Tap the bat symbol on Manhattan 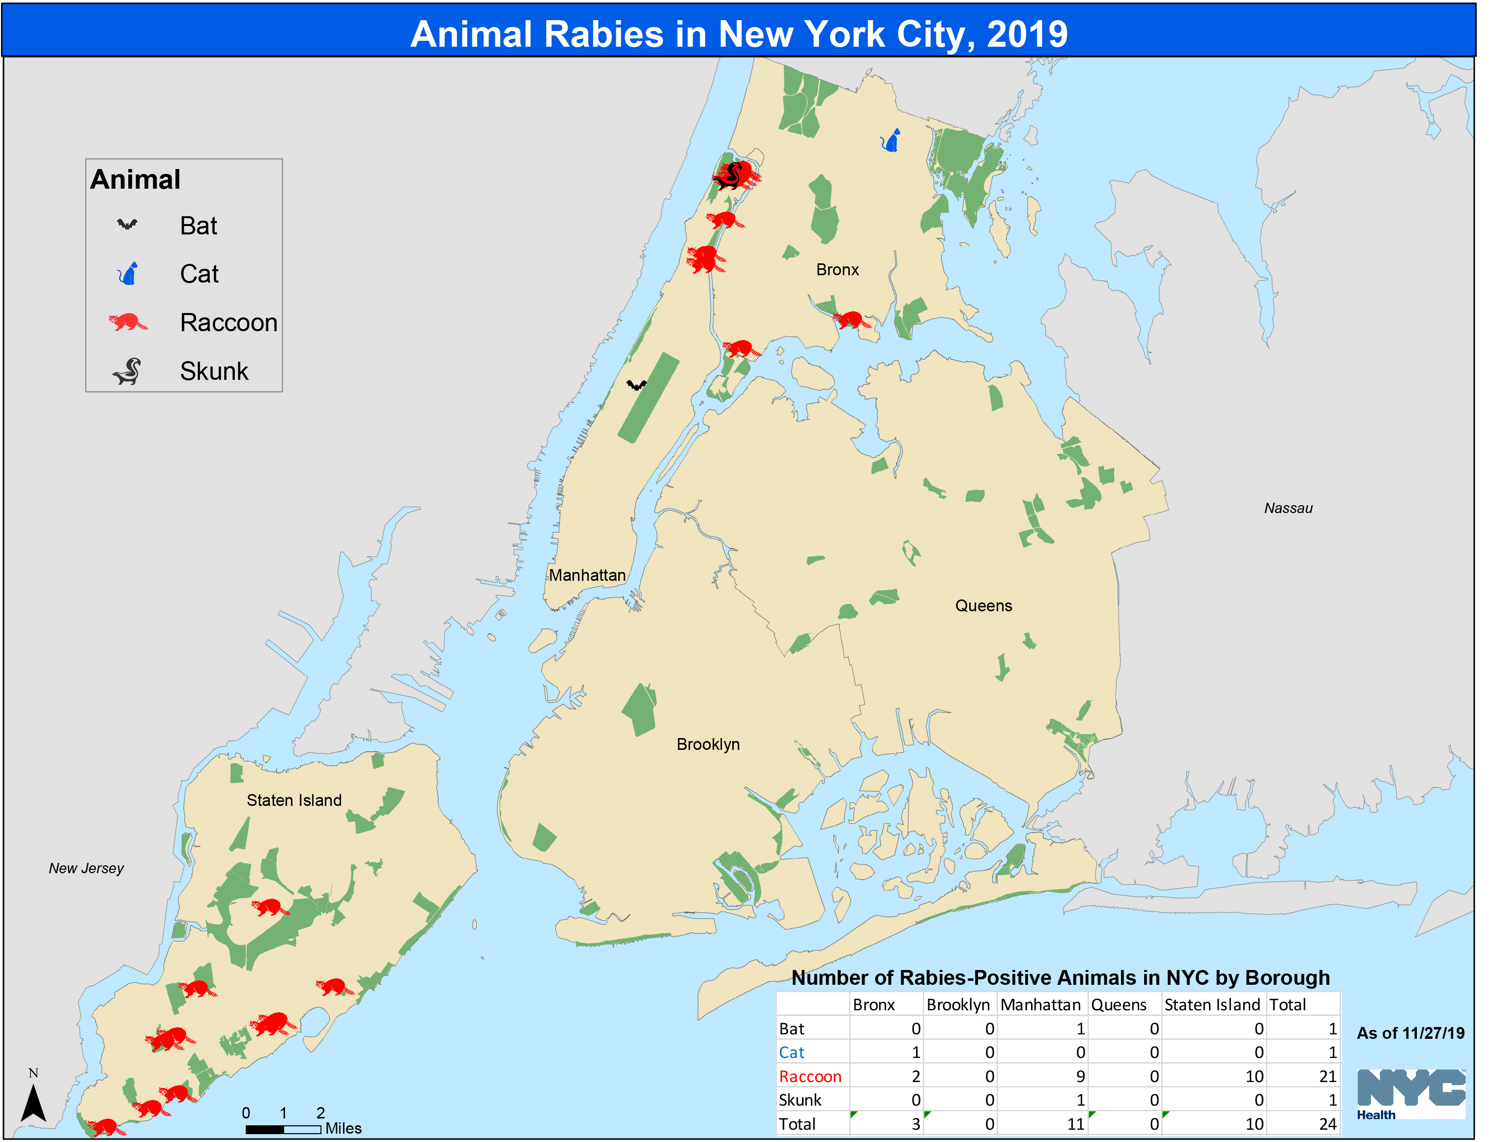[x=636, y=385]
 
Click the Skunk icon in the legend [x=127, y=371]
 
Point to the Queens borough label [x=983, y=606]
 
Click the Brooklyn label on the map [x=708, y=744]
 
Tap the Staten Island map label [x=294, y=800]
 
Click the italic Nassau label [x=1288, y=508]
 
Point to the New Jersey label [x=86, y=868]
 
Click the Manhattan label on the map [x=587, y=575]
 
